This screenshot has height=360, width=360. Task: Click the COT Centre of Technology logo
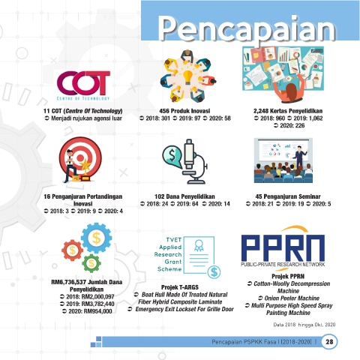[83, 85]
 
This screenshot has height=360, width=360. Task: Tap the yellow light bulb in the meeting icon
[187, 77]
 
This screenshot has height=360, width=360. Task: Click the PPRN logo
[283, 248]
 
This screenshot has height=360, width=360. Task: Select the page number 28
[329, 341]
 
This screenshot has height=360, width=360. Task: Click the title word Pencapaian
[247, 29]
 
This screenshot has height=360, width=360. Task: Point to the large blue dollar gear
[96, 238]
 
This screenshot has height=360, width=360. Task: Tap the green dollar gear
[91, 263]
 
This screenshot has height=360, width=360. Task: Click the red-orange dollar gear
[72, 250]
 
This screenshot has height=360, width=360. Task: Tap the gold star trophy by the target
[85, 170]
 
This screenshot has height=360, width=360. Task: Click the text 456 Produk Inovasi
[184, 111]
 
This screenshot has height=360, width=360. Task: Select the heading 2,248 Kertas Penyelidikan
[288, 111]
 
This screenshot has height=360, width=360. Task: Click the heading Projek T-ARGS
[180, 287]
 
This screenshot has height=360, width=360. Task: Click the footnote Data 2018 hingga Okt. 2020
[304, 325]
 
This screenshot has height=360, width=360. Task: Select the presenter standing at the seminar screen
[299, 155]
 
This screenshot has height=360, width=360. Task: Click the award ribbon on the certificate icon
[199, 245]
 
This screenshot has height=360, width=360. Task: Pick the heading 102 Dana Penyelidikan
[184, 196]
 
